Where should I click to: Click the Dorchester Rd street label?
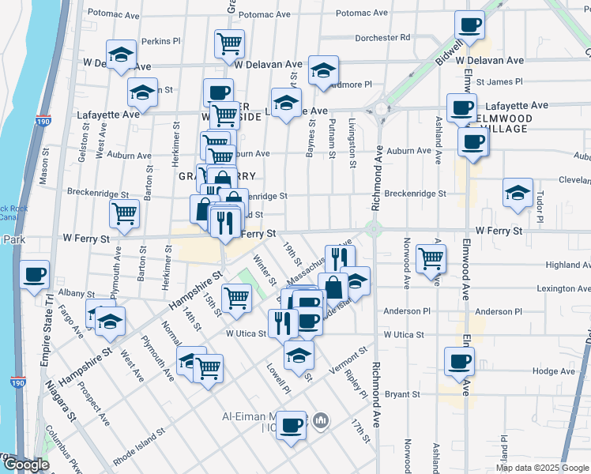pyautogui.click(x=382, y=37)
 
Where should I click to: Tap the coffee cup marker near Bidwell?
pyautogui.click(x=470, y=25)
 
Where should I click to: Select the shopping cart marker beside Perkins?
pyautogui.click(x=229, y=43)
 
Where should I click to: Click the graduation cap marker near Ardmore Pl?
pyautogui.click(x=323, y=70)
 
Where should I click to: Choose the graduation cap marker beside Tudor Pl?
pyautogui.click(x=518, y=193)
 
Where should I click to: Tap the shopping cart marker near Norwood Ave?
pyautogui.click(x=431, y=258)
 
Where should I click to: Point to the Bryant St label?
pyautogui.click(x=402, y=393)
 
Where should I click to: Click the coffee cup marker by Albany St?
pyautogui.click(x=35, y=275)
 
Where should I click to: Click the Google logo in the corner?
pyautogui.click(x=25, y=465)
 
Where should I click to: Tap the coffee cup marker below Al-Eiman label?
pyautogui.click(x=292, y=427)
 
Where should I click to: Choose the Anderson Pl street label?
pyautogui.click(x=406, y=311)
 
